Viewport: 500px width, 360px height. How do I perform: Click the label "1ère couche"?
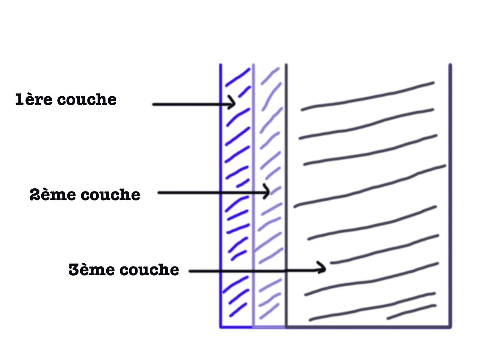coord(66,100)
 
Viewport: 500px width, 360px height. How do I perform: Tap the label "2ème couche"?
coord(85,195)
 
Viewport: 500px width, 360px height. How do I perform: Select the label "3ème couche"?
coord(124,270)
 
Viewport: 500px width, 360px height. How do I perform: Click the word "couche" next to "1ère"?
coord(87,100)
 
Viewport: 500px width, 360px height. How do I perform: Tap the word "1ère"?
coord(34,100)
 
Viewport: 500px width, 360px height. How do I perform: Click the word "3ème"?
coord(92,270)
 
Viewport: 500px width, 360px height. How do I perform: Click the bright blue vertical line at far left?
coord(220,195)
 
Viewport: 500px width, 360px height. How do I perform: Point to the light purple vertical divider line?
coord(253,174)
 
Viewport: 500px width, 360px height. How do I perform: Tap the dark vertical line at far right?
coord(450,195)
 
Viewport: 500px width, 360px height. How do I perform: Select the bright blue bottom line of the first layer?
coord(236,327)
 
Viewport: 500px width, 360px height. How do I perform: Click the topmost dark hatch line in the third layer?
coord(368,97)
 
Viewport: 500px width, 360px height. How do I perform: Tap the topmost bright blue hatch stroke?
coord(238,77)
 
